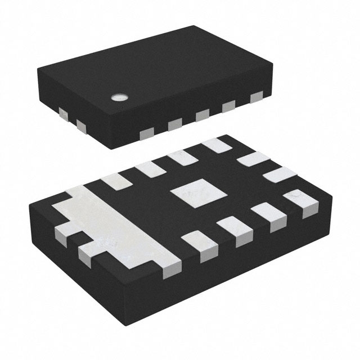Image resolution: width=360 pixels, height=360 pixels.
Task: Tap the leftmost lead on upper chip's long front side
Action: (147, 133)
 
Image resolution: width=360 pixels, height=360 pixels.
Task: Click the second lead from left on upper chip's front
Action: (174, 124)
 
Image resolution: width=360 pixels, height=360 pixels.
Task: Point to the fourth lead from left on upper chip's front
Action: (229, 106)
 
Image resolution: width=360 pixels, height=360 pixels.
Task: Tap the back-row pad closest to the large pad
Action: (115, 181)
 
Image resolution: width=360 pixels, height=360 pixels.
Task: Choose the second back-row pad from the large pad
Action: (147, 169)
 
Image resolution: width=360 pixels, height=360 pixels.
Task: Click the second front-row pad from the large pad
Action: (233, 229)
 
